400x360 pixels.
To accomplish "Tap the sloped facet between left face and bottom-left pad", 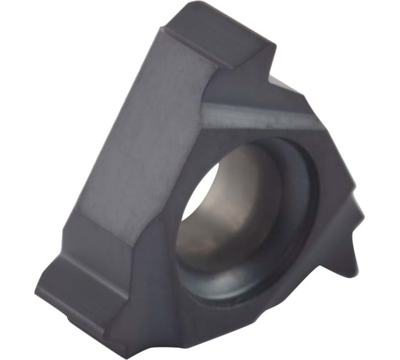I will click(x=114, y=229).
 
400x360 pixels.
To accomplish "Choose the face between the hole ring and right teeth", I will click(x=325, y=221).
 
